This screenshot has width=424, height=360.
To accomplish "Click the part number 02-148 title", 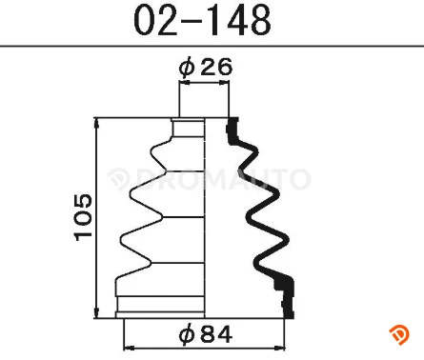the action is point(202,20).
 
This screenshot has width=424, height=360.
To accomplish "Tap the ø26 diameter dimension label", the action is point(206,68).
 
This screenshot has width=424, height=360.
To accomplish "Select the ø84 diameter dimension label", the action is point(206,334).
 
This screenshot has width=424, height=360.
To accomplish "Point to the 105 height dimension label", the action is point(83,217).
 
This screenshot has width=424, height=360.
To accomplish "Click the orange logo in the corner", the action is point(399,335).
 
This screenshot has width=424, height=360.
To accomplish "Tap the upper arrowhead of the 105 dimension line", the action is point(96,123).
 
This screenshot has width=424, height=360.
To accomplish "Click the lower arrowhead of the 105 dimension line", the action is point(96,312).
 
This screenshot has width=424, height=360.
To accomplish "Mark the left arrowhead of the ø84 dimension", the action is point(129,349).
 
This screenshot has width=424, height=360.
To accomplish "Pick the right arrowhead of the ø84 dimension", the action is point(280,349).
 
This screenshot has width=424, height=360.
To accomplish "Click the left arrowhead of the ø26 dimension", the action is point(185,83).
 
